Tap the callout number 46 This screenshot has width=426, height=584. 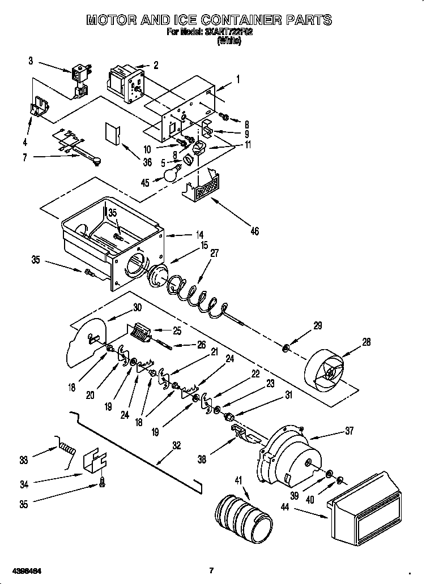click(254, 231)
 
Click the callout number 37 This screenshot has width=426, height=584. click(349, 431)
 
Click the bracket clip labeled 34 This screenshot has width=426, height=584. click(95, 462)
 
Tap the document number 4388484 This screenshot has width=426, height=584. click(27, 569)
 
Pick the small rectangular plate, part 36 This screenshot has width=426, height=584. click(112, 134)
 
